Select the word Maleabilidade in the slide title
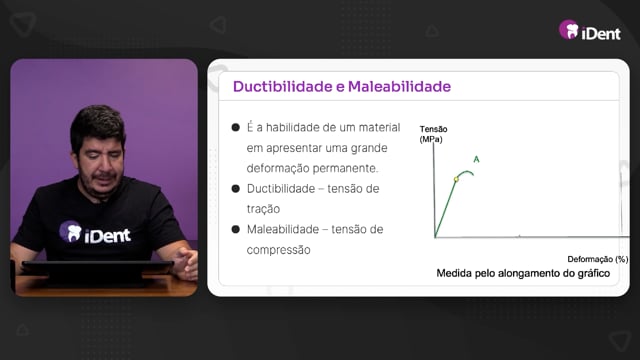pyautogui.click(x=399, y=87)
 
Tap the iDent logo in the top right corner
pyautogui.click(x=590, y=31)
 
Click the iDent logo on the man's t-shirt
pyautogui.click(x=95, y=232)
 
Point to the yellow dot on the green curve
pyautogui.click(x=456, y=179)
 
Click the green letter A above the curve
pyautogui.click(x=476, y=160)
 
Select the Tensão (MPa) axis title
pyautogui.click(x=433, y=134)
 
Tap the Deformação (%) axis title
pyautogui.click(x=598, y=259)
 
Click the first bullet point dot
pyautogui.click(x=236, y=127)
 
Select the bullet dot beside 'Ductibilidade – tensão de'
pyautogui.click(x=236, y=189)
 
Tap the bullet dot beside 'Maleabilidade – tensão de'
pyautogui.click(x=236, y=229)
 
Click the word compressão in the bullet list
pyautogui.click(x=278, y=250)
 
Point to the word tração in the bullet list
pyautogui.click(x=263, y=209)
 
